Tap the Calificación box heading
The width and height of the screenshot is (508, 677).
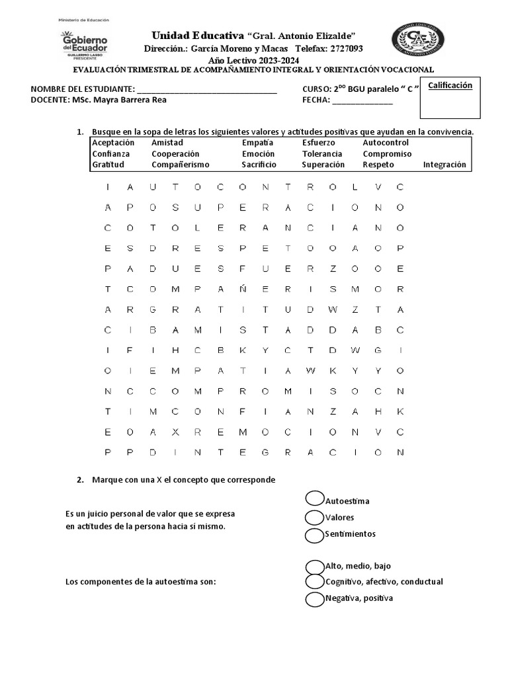pyautogui.click(x=450, y=85)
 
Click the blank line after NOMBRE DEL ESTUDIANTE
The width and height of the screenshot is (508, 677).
pyautogui.click(x=206, y=90)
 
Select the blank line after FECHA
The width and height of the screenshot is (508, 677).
pyautogui.click(x=362, y=100)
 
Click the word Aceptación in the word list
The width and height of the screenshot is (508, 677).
pyautogui.click(x=113, y=143)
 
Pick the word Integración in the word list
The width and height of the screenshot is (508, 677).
pyautogui.click(x=444, y=165)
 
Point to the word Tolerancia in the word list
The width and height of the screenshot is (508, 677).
pyautogui.click(x=322, y=154)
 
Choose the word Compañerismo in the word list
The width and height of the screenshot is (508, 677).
pyautogui.click(x=180, y=165)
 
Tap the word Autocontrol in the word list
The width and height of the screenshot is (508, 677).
pyautogui.click(x=386, y=143)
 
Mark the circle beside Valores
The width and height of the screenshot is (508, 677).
pyautogui.click(x=315, y=516)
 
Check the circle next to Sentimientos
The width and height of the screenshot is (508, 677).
pyautogui.click(x=315, y=534)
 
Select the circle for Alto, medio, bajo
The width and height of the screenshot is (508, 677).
pyautogui.click(x=315, y=567)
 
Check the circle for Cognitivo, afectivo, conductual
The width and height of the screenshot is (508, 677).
pyautogui.click(x=315, y=582)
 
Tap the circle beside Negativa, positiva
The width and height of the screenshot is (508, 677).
pyautogui.click(x=315, y=599)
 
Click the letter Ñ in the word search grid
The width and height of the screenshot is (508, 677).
pyautogui.click(x=242, y=290)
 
